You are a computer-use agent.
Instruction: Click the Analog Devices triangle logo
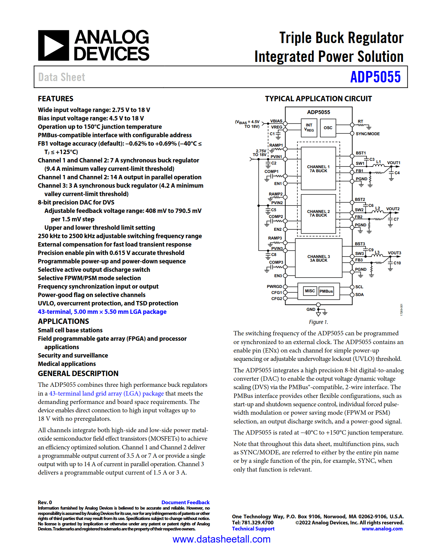pos(53,45)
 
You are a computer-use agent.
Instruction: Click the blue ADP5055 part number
pos(376,77)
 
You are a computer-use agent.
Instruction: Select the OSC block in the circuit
pos(328,128)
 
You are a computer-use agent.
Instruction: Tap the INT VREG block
pos(309,128)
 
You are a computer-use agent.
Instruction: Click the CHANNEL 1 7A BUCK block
pos(318,169)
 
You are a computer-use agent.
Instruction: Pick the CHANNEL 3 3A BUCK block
pos(318,258)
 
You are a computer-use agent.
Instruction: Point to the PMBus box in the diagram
pos(326,291)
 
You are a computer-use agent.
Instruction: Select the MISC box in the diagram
pos(310,291)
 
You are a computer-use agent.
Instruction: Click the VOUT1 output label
pos(394,163)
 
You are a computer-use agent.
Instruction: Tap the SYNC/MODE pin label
pos(368,134)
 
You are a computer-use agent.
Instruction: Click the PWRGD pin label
pos(275,287)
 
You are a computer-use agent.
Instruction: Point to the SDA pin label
pos(359,294)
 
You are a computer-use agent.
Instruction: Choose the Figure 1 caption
pos(318,322)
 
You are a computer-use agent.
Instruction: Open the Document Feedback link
pos(185,503)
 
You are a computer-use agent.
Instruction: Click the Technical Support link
pos(253,529)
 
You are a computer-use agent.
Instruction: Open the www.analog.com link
pos(382,529)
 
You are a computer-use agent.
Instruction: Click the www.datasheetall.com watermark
pos(221,539)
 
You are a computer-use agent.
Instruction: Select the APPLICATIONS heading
pos(63,321)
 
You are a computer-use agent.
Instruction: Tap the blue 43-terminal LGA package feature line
pos(102,311)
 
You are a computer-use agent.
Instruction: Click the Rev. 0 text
pos(45,503)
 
